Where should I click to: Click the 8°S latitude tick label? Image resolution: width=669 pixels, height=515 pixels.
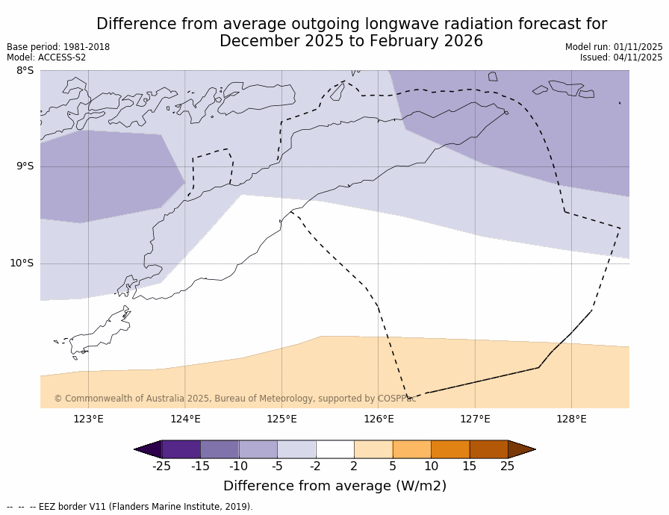(25, 71)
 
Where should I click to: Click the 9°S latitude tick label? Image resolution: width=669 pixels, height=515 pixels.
(25, 166)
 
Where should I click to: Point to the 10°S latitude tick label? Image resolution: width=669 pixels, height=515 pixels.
(22, 263)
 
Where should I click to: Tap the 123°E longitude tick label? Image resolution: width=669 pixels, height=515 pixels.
(88, 419)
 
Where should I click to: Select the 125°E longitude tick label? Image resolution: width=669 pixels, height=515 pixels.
(281, 419)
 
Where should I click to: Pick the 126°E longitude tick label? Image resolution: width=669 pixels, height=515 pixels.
(379, 419)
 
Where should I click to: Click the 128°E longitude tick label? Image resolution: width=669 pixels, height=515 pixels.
(571, 419)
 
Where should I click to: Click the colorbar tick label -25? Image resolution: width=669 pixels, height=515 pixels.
(161, 466)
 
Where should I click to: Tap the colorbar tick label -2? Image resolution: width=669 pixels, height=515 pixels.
(315, 466)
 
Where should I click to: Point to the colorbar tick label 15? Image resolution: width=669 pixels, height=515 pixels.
(469, 466)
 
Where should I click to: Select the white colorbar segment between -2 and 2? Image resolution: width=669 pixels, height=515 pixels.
(334, 449)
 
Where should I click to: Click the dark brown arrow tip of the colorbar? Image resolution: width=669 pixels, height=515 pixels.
(523, 449)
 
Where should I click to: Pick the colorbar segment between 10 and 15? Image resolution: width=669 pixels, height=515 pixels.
(450, 449)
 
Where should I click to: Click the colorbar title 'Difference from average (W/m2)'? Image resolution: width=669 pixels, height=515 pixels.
(334, 486)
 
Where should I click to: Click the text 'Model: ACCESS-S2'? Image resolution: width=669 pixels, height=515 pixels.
(46, 57)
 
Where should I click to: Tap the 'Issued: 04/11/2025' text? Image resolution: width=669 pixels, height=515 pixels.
(621, 57)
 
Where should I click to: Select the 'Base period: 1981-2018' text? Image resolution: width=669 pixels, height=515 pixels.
(58, 47)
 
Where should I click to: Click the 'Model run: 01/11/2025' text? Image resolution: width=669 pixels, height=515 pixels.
(614, 47)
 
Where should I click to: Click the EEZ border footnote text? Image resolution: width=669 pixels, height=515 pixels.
(130, 507)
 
